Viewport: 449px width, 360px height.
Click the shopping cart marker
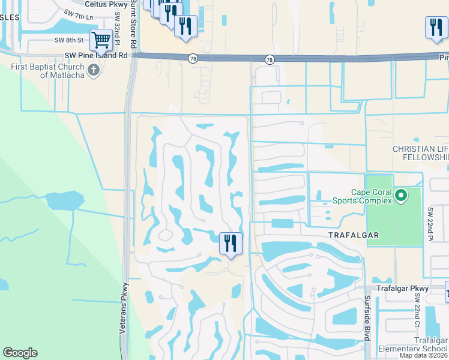tap(101, 41)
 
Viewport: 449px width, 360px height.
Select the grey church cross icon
tap(93, 71)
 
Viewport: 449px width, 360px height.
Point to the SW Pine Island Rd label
tap(97, 55)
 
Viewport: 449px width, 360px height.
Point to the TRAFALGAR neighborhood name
tap(354, 235)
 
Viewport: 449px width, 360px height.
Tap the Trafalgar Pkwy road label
tap(403, 289)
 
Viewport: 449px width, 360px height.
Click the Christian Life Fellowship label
tap(420, 153)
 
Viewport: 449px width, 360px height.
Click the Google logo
tap(20, 353)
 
